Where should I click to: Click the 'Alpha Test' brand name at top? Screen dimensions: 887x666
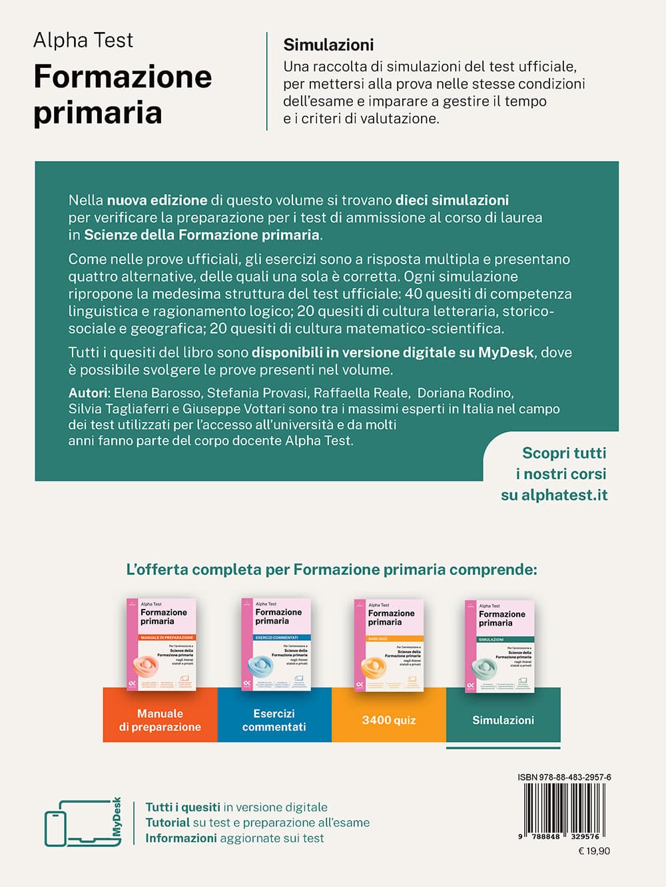(83, 41)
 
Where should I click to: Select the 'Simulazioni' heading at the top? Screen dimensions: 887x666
(328, 45)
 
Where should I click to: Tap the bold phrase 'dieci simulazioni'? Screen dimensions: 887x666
(452, 200)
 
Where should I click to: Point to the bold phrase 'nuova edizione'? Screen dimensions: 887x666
(157, 200)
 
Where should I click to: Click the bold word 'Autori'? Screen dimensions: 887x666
(88, 393)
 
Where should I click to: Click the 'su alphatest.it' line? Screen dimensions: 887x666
(554, 495)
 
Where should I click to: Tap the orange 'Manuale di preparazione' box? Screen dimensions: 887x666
(160, 720)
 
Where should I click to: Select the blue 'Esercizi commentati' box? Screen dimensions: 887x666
(274, 720)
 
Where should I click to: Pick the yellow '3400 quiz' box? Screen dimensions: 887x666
(388, 720)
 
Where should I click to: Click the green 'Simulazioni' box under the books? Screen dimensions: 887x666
(503, 720)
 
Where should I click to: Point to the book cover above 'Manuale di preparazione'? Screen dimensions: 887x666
(161, 644)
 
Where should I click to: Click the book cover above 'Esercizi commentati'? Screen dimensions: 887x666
(276, 644)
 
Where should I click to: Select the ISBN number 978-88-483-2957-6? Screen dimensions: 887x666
(564, 777)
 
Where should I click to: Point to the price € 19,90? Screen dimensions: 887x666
(593, 851)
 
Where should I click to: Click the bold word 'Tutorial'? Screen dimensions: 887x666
(168, 822)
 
